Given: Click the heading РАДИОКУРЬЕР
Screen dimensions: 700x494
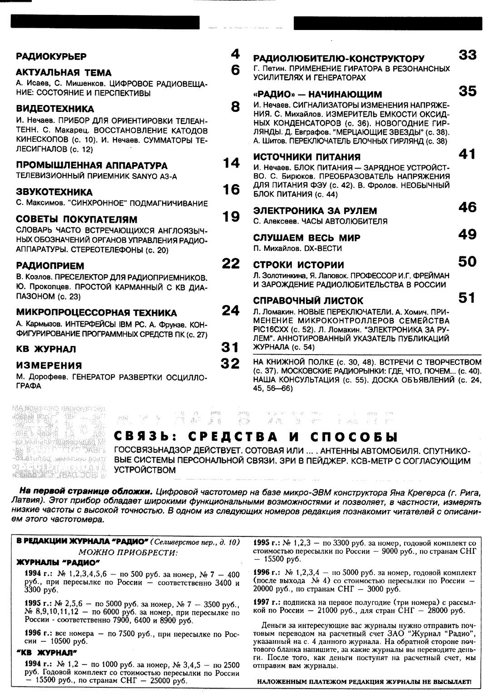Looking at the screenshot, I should coord(51,56).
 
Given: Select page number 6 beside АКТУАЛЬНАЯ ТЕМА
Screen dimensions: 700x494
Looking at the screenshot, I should coord(235,70).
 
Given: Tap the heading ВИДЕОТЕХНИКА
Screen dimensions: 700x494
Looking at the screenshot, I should coord(55,109).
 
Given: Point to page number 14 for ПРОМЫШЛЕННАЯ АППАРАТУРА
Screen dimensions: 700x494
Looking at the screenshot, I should coord(232,163).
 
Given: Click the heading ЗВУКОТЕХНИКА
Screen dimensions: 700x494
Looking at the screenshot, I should coord(54,192).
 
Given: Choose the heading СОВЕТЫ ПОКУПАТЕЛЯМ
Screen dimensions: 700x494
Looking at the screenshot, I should coord(76,220).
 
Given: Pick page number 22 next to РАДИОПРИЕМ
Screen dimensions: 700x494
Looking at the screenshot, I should coord(231,263).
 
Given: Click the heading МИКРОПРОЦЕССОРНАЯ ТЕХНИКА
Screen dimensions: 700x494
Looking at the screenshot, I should coord(96,313).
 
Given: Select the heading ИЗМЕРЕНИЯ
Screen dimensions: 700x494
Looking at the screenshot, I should coord(49,365).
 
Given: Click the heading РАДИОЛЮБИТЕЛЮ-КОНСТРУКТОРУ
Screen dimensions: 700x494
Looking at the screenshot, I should coord(339,58).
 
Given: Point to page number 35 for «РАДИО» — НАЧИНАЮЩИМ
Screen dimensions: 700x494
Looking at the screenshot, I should coord(467,91).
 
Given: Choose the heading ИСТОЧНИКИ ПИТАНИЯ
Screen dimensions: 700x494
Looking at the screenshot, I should coord(306,157).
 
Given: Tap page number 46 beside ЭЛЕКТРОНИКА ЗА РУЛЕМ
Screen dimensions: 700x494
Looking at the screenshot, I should coord(467,208).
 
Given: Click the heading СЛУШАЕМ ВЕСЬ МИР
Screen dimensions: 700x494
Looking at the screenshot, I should coord(306,238).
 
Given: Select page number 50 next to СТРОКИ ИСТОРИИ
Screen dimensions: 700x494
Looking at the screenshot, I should coord(467,262).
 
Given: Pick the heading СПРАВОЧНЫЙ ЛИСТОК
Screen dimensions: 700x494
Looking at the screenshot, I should coord(308,301).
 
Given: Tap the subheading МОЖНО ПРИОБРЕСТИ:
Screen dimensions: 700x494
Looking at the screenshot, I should coord(128,553).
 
